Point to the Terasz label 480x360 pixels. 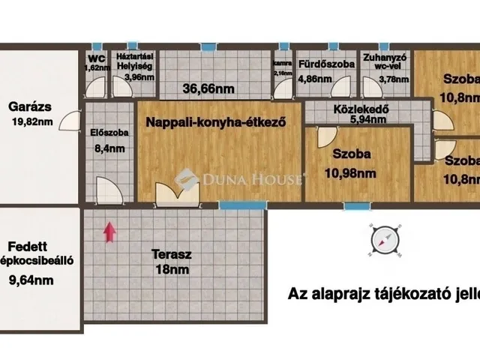(x=172, y=254)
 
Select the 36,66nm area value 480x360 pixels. (x=209, y=88)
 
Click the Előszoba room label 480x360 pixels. (x=108, y=133)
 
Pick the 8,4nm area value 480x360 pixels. (x=108, y=148)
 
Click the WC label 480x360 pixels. (x=96, y=58)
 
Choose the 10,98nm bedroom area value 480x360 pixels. (x=351, y=174)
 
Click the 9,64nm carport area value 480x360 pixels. (x=31, y=280)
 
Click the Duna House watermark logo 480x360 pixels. (x=240, y=178)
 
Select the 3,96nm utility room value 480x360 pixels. (x=139, y=76)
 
